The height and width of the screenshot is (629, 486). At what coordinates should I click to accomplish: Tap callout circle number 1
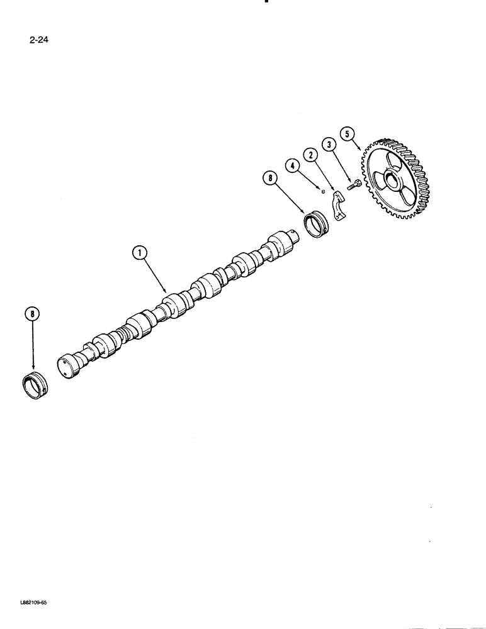click(x=140, y=253)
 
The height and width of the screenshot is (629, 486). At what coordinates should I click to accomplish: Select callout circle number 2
click(x=309, y=154)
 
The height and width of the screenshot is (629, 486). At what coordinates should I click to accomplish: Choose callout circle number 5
click(x=347, y=133)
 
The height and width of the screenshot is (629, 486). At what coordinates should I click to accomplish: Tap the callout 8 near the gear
click(x=270, y=179)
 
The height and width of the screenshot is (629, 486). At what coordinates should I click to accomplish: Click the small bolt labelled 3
click(x=353, y=186)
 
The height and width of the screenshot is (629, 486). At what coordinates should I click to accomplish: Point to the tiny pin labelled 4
click(x=323, y=190)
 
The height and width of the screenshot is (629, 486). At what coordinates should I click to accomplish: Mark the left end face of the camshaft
click(x=64, y=369)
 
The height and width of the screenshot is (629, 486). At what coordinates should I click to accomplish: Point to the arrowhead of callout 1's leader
click(x=167, y=292)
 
